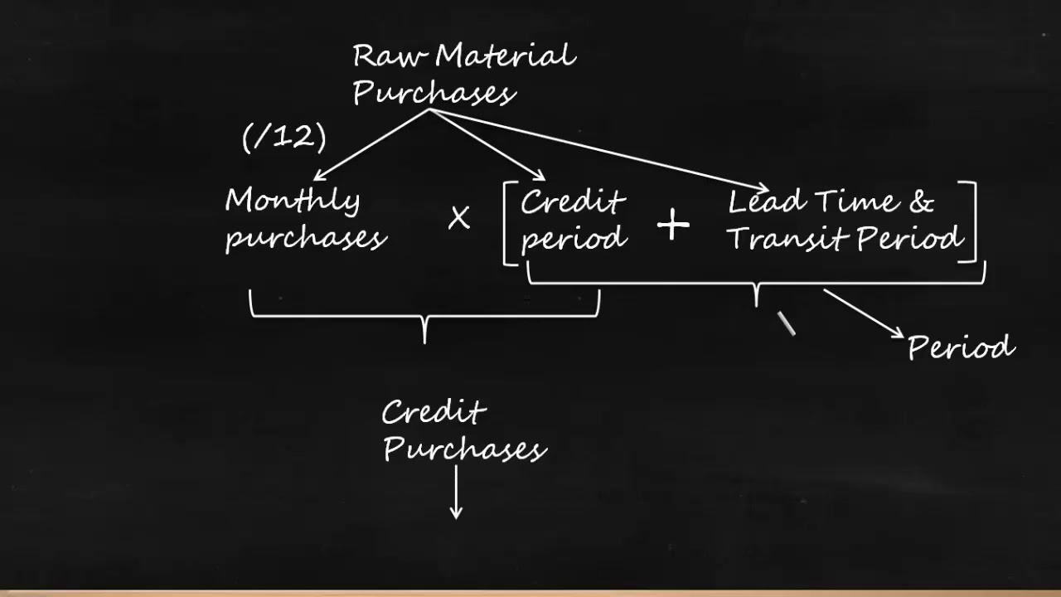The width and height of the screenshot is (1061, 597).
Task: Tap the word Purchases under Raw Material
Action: (x=434, y=93)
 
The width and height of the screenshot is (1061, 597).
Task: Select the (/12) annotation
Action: (x=284, y=137)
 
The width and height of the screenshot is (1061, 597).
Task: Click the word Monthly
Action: (x=293, y=201)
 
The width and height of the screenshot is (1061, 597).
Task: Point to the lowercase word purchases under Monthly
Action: (x=305, y=238)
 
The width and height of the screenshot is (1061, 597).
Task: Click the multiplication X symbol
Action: (x=458, y=219)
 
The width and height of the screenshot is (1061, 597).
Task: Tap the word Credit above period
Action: (x=572, y=202)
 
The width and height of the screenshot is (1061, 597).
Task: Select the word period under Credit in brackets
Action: (x=573, y=239)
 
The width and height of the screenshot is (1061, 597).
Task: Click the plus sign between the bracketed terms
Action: (x=673, y=226)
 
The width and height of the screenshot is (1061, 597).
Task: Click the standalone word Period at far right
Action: (x=961, y=347)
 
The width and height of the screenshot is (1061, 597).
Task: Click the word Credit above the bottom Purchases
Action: (x=434, y=412)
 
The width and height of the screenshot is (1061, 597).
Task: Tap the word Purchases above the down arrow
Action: (x=464, y=449)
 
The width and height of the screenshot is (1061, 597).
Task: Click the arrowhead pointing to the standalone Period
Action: (x=897, y=333)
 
